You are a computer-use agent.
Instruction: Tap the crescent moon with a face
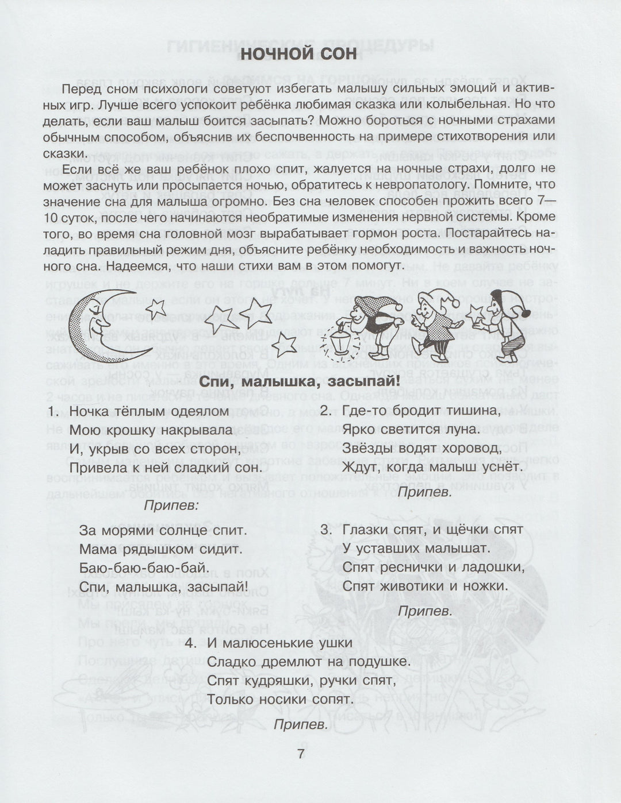[91, 326]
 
